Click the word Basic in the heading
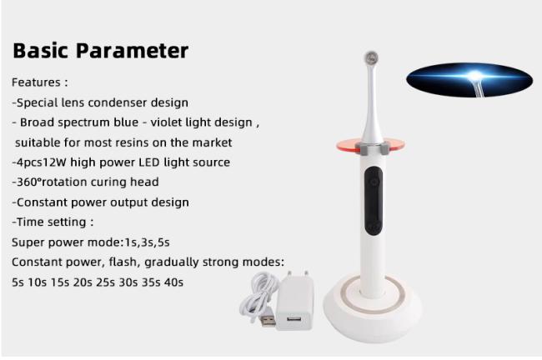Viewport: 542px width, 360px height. (x=41, y=51)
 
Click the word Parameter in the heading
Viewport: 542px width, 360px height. (x=132, y=51)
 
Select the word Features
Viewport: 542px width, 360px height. (x=36, y=82)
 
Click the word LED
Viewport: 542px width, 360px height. (x=149, y=162)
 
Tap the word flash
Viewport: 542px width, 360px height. (x=124, y=262)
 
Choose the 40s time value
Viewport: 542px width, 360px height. (x=174, y=282)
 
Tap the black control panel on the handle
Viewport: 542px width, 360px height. (x=374, y=202)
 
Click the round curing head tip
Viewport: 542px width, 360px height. (x=372, y=57)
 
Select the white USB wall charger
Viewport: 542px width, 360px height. (x=294, y=300)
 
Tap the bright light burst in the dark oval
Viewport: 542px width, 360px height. (x=475, y=76)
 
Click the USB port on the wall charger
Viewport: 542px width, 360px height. (x=294, y=318)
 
